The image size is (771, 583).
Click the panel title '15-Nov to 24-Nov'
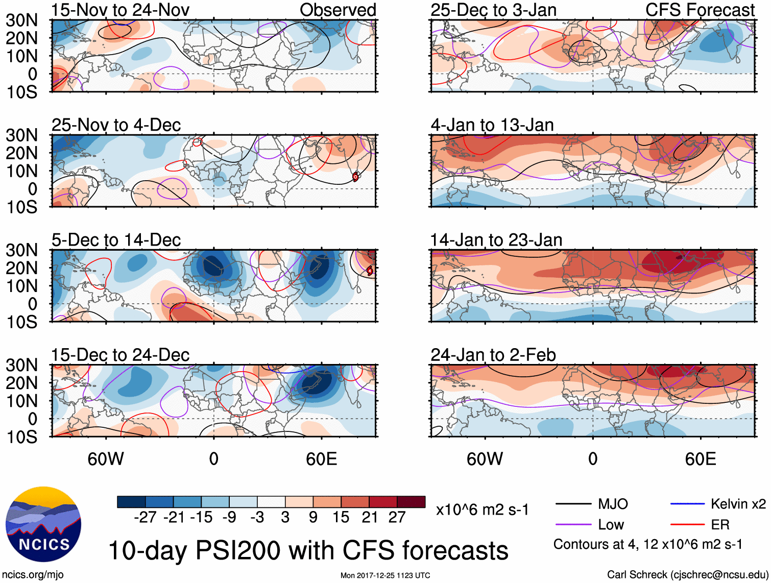pos(121,10)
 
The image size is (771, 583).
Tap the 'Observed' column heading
pos(338,10)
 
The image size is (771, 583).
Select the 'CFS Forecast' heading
pos(700,10)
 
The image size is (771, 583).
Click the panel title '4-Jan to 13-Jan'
pos(492,125)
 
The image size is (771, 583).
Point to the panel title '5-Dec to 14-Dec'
pos(116,240)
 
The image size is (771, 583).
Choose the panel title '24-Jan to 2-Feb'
pos(493,355)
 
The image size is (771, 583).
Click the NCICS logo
pos(43,524)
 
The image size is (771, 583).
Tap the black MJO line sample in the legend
pos(573,504)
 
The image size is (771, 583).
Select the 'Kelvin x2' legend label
pos(738,504)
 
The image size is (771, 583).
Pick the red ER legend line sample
pos(687,524)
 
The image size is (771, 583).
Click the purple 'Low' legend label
pos(611,524)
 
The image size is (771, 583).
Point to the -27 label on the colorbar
pos(145,518)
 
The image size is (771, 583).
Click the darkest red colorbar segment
pos(411,502)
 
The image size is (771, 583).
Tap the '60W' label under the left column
pos(106,459)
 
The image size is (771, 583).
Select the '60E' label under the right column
pos(700,459)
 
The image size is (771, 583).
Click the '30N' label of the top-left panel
pos(22,20)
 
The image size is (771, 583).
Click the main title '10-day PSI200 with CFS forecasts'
pos(308,550)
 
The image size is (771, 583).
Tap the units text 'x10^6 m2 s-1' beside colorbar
pos(482,509)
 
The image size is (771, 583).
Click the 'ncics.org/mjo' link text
pos(33,575)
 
